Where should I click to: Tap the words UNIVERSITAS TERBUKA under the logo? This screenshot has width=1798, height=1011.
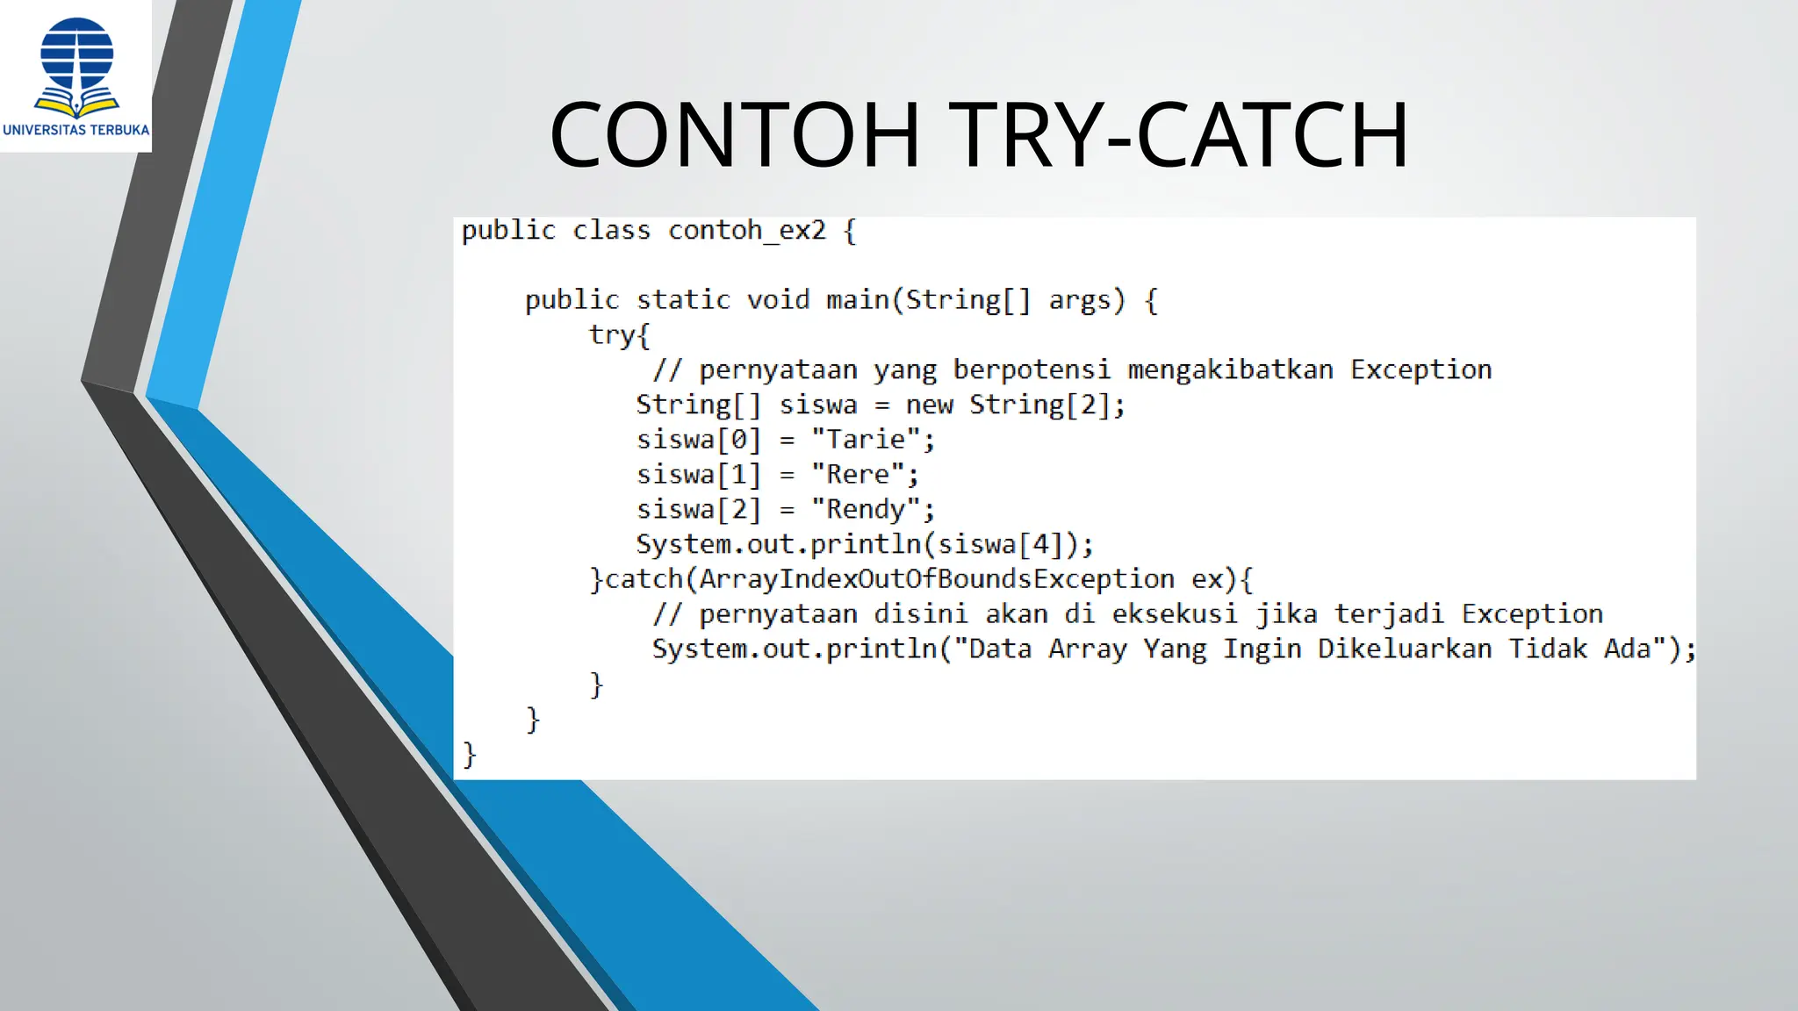pyautogui.click(x=76, y=130)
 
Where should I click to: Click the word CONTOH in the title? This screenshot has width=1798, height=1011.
pyautogui.click(x=734, y=135)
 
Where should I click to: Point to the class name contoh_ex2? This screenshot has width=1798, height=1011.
pyautogui.click(x=747, y=231)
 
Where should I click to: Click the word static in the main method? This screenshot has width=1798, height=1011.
pyautogui.click(x=683, y=300)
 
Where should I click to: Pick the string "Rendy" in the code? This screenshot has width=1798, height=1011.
pyautogui.click(x=864, y=510)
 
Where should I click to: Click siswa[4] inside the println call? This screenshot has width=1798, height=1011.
pyautogui.click(x=999, y=545)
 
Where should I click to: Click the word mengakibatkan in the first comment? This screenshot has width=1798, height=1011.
pyautogui.click(x=1230, y=370)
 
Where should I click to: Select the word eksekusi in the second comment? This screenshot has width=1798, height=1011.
pyautogui.click(x=1175, y=614)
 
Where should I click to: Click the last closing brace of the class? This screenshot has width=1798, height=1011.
pyautogui.click(x=470, y=754)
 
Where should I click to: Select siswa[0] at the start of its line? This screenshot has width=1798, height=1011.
pyautogui.click(x=698, y=440)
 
